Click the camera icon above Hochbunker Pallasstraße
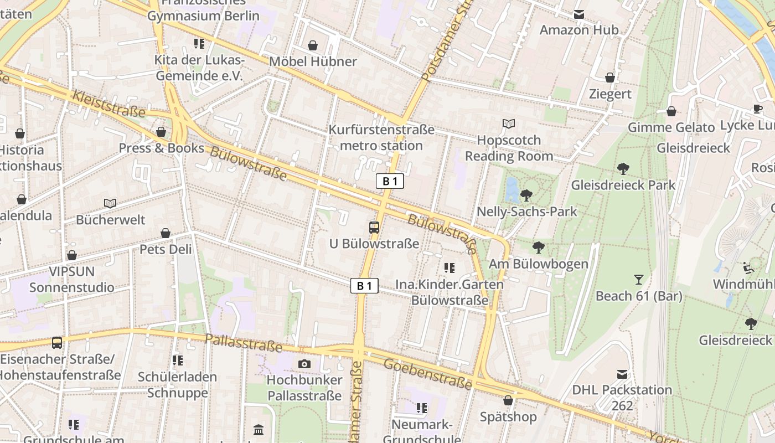pyautogui.click(x=304, y=364)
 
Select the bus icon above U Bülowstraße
pyautogui.click(x=374, y=227)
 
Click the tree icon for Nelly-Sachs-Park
pyautogui.click(x=526, y=195)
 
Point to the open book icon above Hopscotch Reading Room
pyautogui.click(x=508, y=123)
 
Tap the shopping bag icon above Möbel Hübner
pyautogui.click(x=313, y=45)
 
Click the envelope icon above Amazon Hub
pyautogui.click(x=579, y=14)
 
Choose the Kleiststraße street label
pyautogui.click(x=108, y=104)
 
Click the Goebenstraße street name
pyautogui.click(x=427, y=374)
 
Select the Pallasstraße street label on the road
pyautogui.click(x=244, y=343)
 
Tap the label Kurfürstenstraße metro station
pyautogui.click(x=381, y=138)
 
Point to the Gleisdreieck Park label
pyautogui.click(x=623, y=185)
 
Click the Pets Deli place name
pyautogui.click(x=166, y=249)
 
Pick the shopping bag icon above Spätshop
pyautogui.click(x=508, y=400)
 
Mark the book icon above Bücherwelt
pyautogui.click(x=110, y=204)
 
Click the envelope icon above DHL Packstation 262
pyautogui.click(x=623, y=374)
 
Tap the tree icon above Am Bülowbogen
pyautogui.click(x=538, y=248)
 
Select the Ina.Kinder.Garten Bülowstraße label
pyautogui.click(x=449, y=292)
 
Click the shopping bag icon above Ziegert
pyautogui.click(x=610, y=78)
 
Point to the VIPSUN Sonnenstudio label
pyautogui.click(x=72, y=280)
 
